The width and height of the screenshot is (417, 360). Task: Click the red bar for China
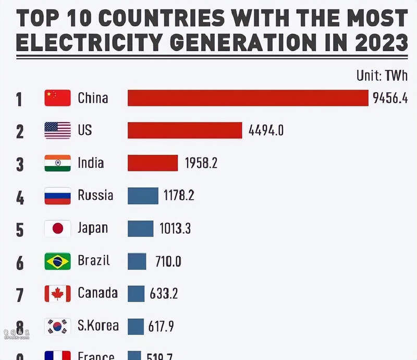click(x=248, y=98)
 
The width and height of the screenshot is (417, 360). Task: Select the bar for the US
click(x=185, y=130)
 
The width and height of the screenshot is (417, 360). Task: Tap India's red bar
click(x=153, y=163)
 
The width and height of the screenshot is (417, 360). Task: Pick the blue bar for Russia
click(x=143, y=196)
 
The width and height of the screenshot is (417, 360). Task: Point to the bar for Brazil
click(x=137, y=261)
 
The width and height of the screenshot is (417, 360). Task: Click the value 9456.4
click(x=390, y=98)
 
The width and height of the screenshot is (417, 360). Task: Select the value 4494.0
click(x=266, y=130)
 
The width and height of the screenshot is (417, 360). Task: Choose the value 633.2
click(x=164, y=294)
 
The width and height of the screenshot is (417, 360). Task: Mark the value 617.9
click(x=162, y=327)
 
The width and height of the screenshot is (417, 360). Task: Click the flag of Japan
click(x=57, y=229)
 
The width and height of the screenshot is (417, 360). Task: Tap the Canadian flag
click(x=57, y=294)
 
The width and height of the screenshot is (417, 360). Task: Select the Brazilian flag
click(x=57, y=261)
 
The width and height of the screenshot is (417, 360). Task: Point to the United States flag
click(x=57, y=130)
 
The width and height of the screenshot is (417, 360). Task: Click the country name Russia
click(x=95, y=196)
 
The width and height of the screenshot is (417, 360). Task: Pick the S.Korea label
click(x=98, y=326)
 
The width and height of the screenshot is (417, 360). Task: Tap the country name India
click(x=91, y=163)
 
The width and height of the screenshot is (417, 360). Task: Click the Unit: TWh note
click(x=382, y=76)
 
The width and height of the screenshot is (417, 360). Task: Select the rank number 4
click(x=20, y=197)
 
